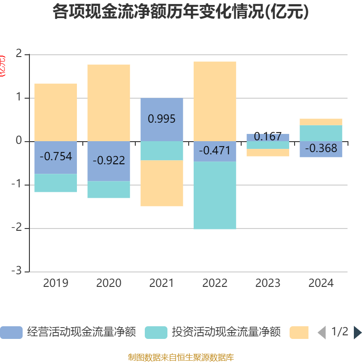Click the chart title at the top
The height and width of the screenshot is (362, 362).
click(x=181, y=12)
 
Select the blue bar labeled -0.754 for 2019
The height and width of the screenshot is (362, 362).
click(x=56, y=157)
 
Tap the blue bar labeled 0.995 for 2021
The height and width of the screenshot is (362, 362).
click(x=162, y=119)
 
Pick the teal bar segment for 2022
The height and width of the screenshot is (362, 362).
click(x=214, y=195)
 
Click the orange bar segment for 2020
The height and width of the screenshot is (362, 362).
click(x=109, y=103)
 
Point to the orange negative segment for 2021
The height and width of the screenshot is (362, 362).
click(x=162, y=183)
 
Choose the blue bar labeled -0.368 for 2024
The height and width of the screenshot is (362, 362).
click(x=321, y=149)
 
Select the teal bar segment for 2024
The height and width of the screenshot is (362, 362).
click(x=321, y=133)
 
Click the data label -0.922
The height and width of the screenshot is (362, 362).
click(x=109, y=161)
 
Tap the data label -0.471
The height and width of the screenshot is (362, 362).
click(x=214, y=151)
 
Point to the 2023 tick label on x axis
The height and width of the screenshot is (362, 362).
click(x=268, y=283)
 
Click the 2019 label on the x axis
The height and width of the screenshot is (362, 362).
click(x=56, y=283)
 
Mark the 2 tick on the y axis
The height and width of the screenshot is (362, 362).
click(x=19, y=54)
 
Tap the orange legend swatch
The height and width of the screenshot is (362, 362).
click(x=299, y=333)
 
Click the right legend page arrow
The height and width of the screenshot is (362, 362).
click(x=357, y=333)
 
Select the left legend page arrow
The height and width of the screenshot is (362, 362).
click(x=322, y=333)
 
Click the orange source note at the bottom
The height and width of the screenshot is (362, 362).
click(x=181, y=357)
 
